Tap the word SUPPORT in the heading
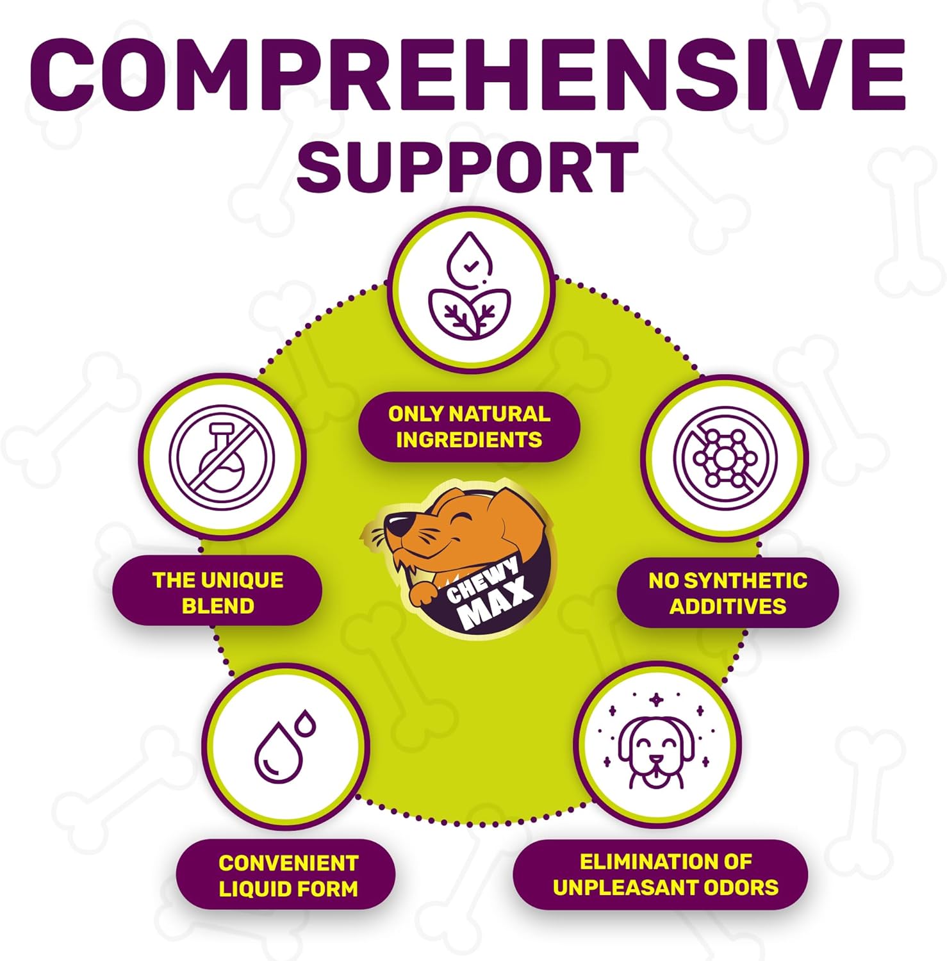click(x=468, y=166)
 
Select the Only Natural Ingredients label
click(x=469, y=427)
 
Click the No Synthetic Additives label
click(x=727, y=593)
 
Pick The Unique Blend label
click(x=218, y=593)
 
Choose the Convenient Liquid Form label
click(x=288, y=876)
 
